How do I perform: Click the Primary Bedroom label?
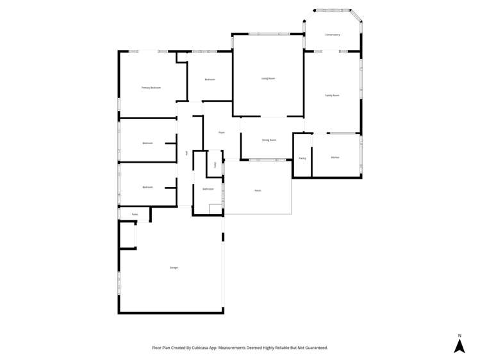click(x=151, y=87)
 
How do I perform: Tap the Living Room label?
click(x=268, y=79)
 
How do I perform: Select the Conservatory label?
click(x=332, y=35)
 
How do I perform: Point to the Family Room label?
click(x=332, y=95)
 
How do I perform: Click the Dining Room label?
click(x=269, y=140)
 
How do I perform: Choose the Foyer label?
click(x=221, y=133)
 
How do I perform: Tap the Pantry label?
click(x=302, y=158)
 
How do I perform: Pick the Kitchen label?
click(x=335, y=158)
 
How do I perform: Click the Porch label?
click(x=258, y=190)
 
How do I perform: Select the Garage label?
click(x=174, y=267)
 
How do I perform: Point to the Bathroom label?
click(x=208, y=189)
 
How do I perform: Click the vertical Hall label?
click(x=186, y=153)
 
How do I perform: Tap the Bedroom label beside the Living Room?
click(x=210, y=79)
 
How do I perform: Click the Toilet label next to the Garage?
click(x=135, y=215)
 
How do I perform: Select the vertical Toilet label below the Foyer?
click(x=215, y=165)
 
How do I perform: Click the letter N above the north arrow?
click(x=459, y=335)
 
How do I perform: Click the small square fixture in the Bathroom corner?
click(x=214, y=208)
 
